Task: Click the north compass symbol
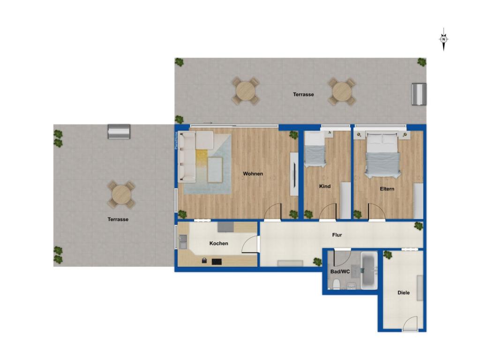pyautogui.click(x=443, y=39)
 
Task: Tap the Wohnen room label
pyautogui.click(x=253, y=174)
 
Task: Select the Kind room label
pyautogui.click(x=325, y=186)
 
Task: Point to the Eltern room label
pyautogui.click(x=387, y=189)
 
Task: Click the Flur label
pyautogui.click(x=337, y=235)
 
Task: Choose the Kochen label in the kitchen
pyautogui.click(x=218, y=243)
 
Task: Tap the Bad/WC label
pyautogui.click(x=340, y=271)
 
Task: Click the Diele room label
pyautogui.click(x=404, y=292)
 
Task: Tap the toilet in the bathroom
pyautogui.click(x=336, y=285)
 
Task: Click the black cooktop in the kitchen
pyautogui.click(x=217, y=262)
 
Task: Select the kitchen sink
pyautogui.click(x=183, y=241)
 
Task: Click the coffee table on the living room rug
pyautogui.click(x=215, y=170)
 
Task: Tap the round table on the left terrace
pyautogui.click(x=121, y=195)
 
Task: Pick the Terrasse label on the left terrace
pyautogui.click(x=118, y=219)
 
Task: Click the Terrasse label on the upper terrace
pyautogui.click(x=303, y=94)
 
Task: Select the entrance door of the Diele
pyautogui.click(x=410, y=324)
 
